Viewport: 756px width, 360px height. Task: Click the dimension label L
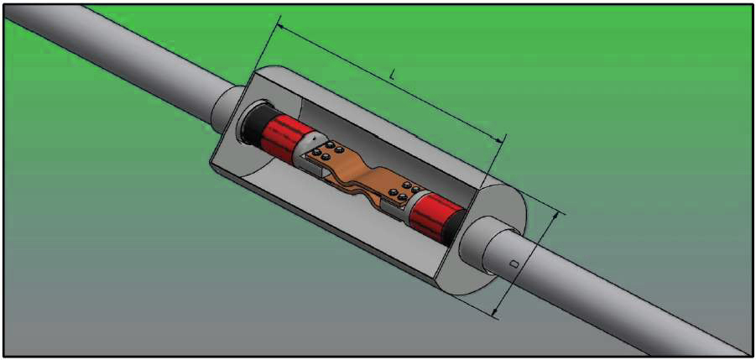(393, 76)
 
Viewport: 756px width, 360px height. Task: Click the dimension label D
(514, 264)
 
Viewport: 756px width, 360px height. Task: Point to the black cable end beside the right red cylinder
(456, 227)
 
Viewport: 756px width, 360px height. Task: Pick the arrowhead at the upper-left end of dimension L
(281, 28)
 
